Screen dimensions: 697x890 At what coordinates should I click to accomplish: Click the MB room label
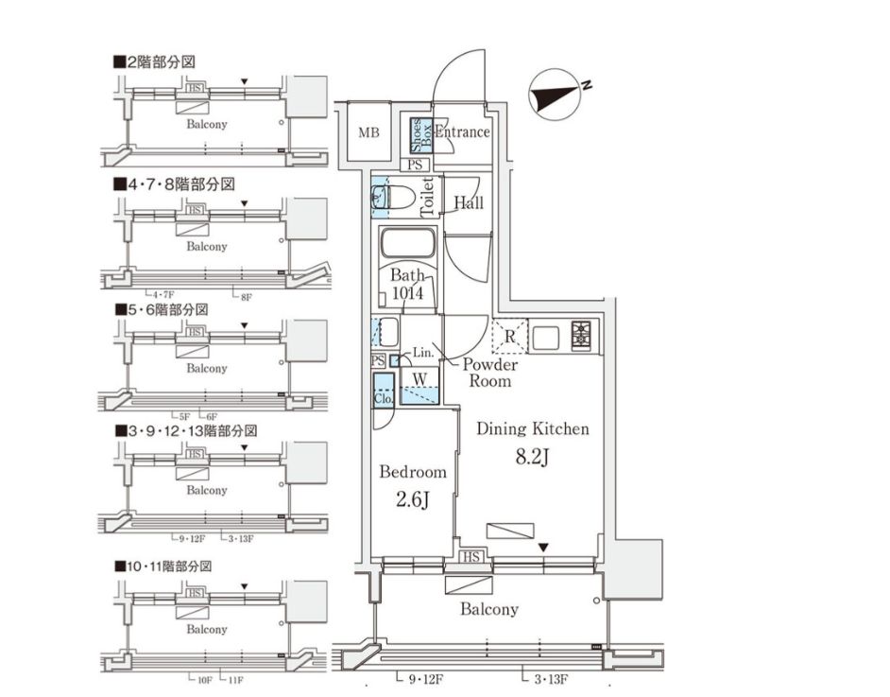368,132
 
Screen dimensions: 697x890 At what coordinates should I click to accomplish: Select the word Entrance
462,132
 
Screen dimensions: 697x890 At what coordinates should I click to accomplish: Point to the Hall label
469,202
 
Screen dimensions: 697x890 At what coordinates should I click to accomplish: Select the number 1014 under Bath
414,293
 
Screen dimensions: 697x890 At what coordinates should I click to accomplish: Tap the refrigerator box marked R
509,336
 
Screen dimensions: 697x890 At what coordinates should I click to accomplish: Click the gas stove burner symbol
580,335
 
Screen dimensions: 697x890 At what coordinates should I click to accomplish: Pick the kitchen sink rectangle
547,336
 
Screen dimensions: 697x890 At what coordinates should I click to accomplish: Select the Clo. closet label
383,399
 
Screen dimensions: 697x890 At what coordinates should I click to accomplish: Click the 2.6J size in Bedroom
412,497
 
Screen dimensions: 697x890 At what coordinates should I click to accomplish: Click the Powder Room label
490,373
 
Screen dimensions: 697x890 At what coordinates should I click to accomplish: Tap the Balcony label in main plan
488,609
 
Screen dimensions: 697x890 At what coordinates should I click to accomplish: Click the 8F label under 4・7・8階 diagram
247,296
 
